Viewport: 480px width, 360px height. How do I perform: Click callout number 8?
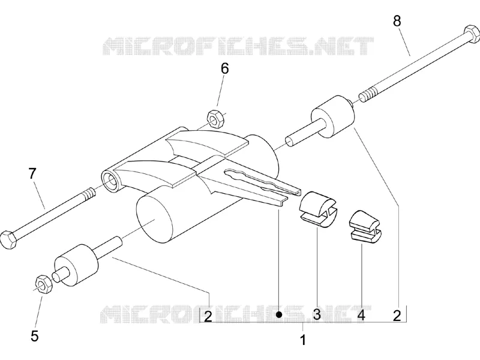(397, 22)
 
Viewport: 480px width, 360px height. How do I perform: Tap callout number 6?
(225, 69)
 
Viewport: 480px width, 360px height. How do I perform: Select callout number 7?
(32, 173)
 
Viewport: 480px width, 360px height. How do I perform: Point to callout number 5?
(35, 336)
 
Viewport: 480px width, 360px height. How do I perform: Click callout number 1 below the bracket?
(303, 340)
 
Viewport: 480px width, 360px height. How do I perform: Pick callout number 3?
(317, 314)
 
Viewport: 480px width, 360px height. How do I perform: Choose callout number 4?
(361, 315)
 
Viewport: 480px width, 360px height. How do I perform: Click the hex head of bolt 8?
(472, 34)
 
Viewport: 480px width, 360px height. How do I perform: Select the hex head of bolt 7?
(9, 240)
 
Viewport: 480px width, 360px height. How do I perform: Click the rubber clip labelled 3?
(318, 209)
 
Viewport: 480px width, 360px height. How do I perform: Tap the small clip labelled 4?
(366, 225)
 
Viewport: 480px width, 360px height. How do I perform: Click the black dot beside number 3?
(278, 314)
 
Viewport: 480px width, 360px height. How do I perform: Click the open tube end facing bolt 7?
(110, 182)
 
